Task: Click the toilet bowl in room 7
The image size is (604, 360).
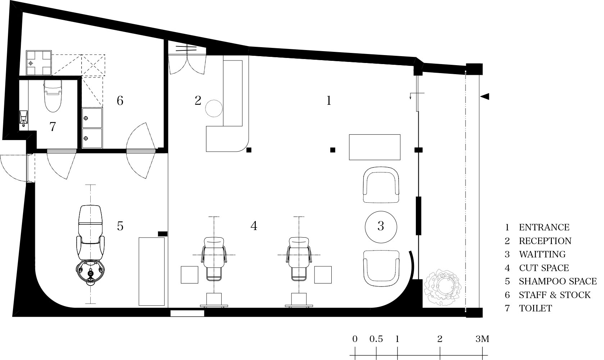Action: click(x=53, y=96)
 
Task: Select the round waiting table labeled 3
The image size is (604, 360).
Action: click(x=381, y=227)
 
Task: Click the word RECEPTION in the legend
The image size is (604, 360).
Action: click(x=545, y=241)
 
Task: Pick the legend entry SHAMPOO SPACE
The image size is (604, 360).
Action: click(x=558, y=281)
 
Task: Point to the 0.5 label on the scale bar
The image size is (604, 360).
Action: click(x=376, y=339)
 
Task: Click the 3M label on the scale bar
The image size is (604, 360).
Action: click(x=482, y=339)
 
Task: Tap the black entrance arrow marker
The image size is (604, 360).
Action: click(x=485, y=96)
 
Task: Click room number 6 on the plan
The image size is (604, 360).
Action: click(x=120, y=101)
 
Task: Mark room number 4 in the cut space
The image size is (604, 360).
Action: click(x=254, y=226)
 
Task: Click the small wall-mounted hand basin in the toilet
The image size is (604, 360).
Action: click(x=24, y=117)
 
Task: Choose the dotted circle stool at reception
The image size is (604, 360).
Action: click(x=214, y=108)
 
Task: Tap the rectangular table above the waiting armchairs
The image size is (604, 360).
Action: click(x=374, y=147)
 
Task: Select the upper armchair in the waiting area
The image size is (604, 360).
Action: click(x=381, y=185)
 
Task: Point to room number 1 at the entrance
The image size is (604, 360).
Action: click(x=329, y=101)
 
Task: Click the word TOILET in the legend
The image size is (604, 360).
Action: click(x=536, y=308)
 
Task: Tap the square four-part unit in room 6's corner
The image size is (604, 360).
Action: click(x=39, y=63)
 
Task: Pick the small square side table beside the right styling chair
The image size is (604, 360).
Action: click(x=323, y=275)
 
